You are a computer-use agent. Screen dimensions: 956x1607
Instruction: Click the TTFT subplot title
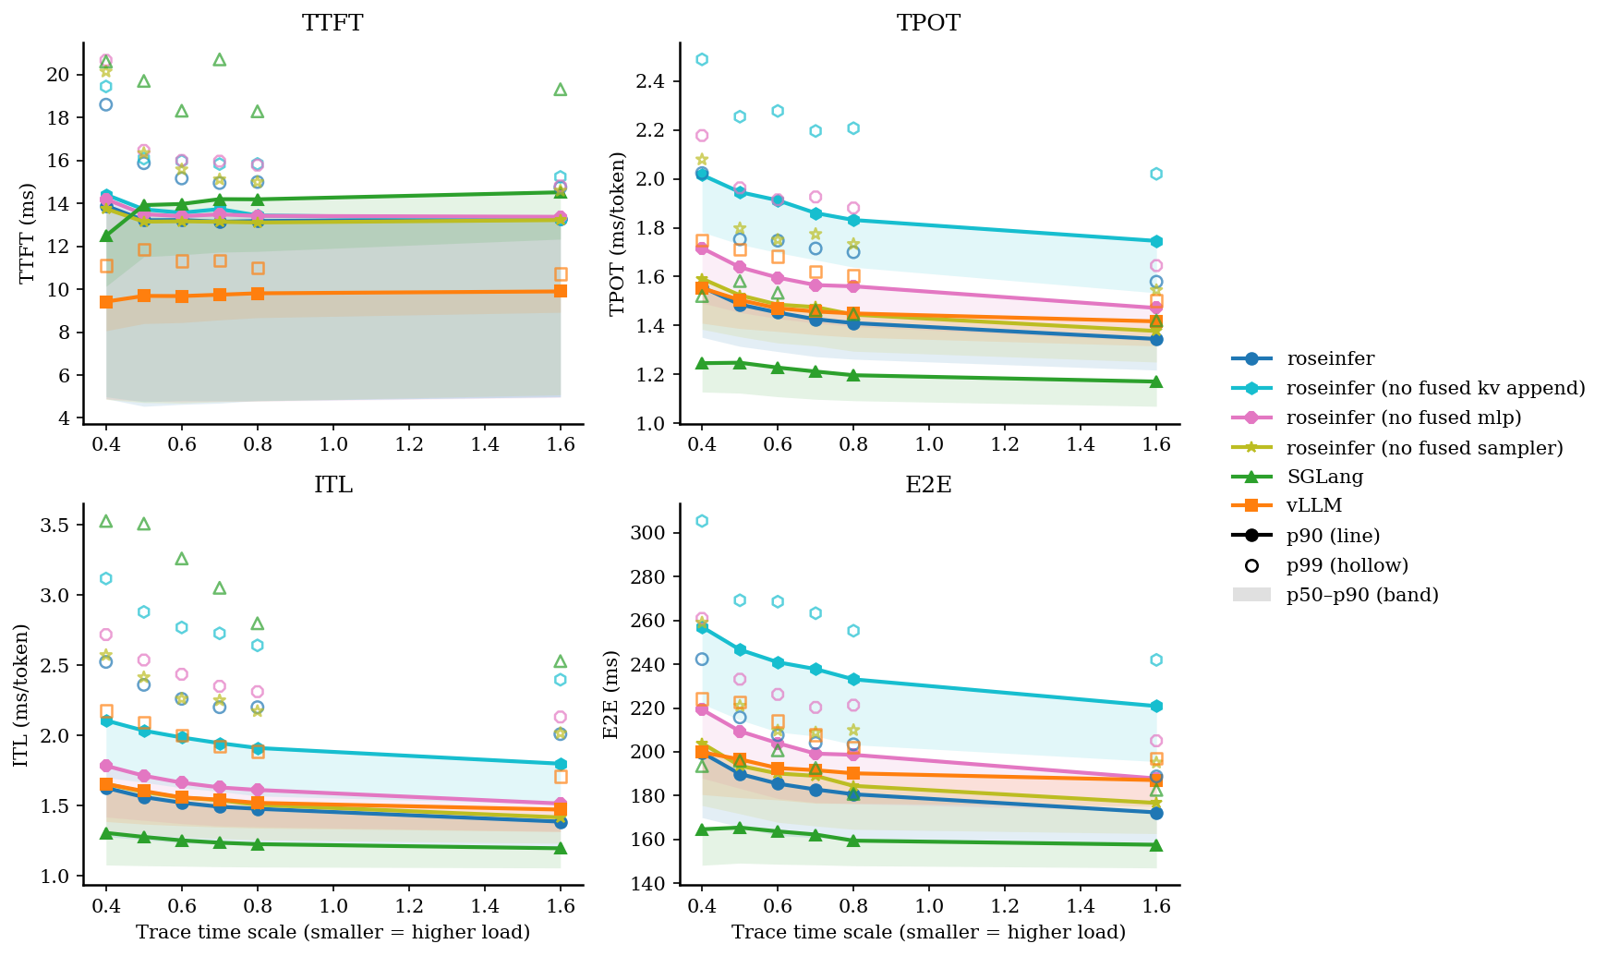[x=332, y=23]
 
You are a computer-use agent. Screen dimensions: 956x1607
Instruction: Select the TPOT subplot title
[x=928, y=23]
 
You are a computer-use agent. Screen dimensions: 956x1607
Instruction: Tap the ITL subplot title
[x=332, y=485]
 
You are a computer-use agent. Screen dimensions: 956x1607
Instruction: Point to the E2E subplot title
[x=928, y=485]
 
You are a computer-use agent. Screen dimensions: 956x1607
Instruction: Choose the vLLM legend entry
[x=1313, y=506]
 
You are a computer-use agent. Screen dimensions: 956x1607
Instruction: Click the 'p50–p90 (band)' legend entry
[x=1362, y=595]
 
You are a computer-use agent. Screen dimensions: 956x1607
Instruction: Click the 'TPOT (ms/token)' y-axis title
[x=618, y=233]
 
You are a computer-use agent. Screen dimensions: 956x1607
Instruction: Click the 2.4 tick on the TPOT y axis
[x=650, y=81]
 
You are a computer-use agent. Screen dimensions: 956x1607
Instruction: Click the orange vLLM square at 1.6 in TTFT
[x=560, y=291]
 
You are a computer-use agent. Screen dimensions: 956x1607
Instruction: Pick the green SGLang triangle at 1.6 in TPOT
[x=1156, y=381]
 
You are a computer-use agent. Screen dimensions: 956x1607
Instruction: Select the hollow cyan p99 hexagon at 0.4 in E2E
[x=702, y=521]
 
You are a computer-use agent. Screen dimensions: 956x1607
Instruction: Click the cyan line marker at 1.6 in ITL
[x=560, y=764]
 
